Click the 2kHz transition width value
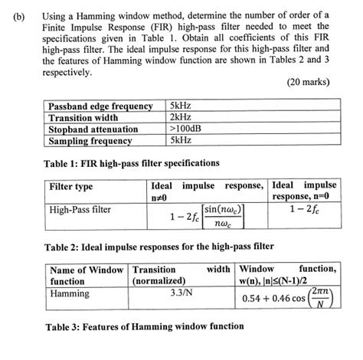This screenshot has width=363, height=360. [x=181, y=118]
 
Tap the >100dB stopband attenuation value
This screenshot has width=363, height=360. [x=187, y=129]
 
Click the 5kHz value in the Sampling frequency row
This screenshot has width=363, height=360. [x=181, y=141]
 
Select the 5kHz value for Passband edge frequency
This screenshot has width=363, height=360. [x=181, y=106]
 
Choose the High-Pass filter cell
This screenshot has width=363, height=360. [x=80, y=208]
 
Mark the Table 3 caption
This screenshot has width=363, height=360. [x=145, y=327]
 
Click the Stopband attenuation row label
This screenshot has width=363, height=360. [x=93, y=129]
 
